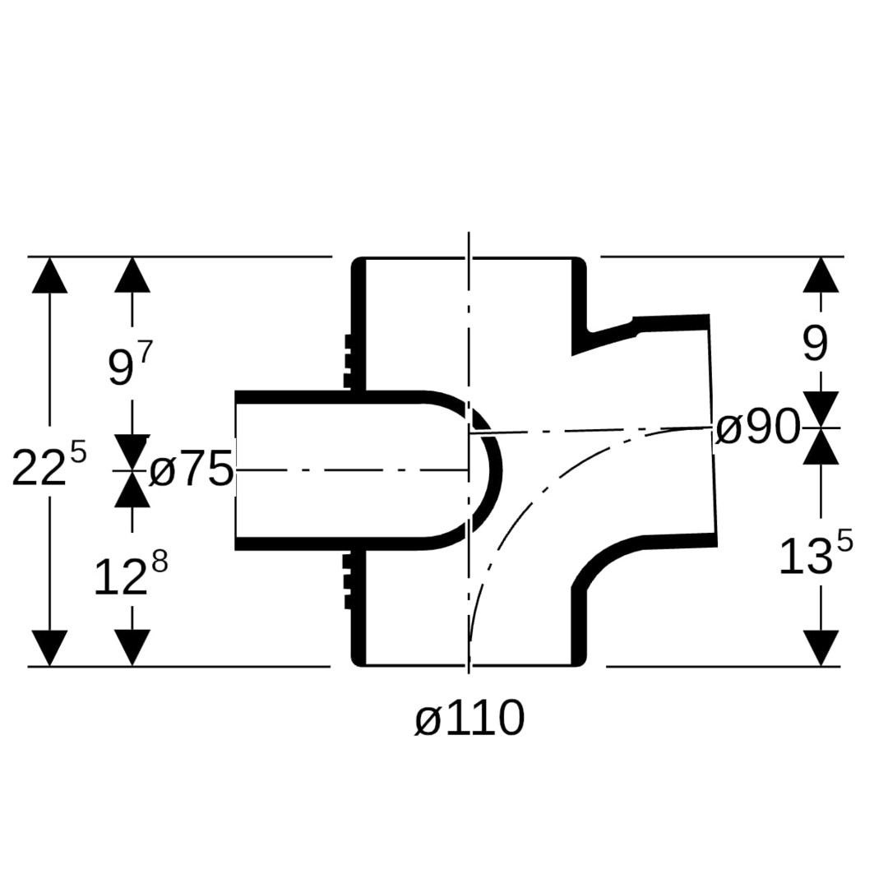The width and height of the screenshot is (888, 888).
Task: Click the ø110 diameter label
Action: click(469, 718)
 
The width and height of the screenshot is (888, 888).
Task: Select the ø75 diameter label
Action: click(192, 469)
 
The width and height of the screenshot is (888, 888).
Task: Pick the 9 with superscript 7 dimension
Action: click(130, 364)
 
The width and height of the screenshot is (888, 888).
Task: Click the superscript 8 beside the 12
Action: click(160, 563)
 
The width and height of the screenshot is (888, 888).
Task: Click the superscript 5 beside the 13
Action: click(844, 543)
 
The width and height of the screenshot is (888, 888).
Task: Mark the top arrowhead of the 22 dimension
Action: click(50, 275)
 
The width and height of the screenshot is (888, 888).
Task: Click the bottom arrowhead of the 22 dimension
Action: click(50, 648)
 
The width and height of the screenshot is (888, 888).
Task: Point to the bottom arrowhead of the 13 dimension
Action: click(821, 648)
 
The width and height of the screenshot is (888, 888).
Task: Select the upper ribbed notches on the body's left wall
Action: click(348, 361)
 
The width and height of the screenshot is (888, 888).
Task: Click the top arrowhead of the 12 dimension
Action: click(132, 488)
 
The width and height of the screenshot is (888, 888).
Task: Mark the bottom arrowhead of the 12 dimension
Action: click(132, 648)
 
